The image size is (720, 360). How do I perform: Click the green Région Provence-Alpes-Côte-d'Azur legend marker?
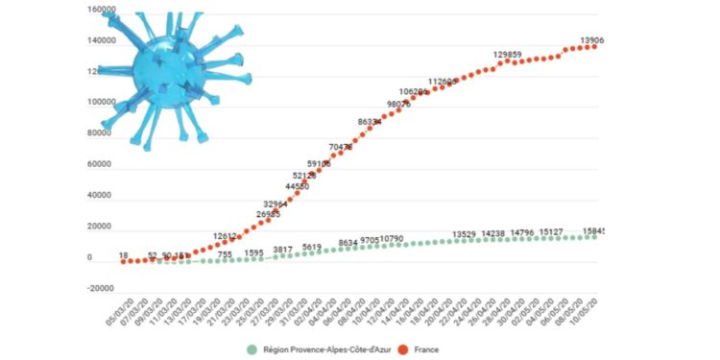coord(252,350)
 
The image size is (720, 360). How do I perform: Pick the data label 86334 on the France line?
coord(371,122)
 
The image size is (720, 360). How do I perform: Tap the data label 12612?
coord(226,235)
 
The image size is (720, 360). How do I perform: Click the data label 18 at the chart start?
coord(124,255)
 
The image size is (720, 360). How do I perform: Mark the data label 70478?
coord(341,147)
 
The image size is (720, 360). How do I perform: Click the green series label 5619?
coord(312,247)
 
